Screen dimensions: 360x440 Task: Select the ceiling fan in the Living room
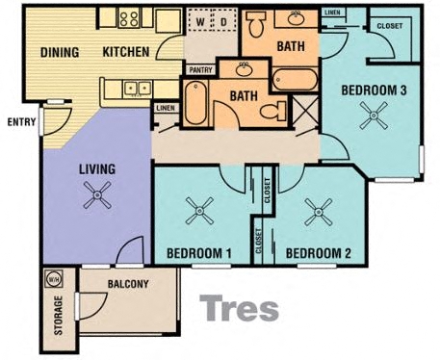96,199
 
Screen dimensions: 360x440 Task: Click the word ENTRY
20,121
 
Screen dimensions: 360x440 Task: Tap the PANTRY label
201,69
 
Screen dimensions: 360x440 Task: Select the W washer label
200,20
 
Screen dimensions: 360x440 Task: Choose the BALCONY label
128,283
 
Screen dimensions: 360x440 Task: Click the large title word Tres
239,309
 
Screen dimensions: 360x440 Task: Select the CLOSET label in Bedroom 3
390,26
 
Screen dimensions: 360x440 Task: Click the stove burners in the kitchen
129,17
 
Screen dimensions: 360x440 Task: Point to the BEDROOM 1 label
199,253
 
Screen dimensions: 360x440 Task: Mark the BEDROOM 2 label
318,253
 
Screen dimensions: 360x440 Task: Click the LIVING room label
96,169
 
